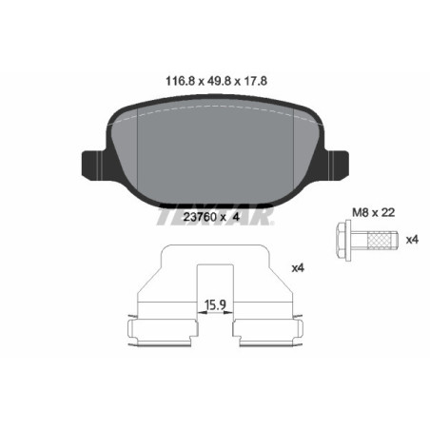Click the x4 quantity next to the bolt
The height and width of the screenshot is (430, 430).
click(411, 239)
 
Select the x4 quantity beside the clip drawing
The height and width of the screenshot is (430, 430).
click(296, 268)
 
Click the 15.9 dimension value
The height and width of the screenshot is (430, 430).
click(215, 305)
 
